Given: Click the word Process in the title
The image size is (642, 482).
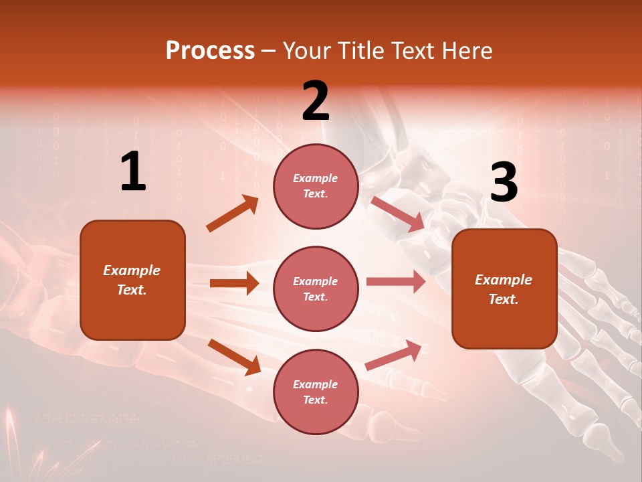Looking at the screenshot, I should [x=210, y=51].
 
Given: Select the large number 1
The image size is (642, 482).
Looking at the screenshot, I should [x=133, y=172].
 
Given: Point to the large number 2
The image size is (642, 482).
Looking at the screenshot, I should [x=316, y=100].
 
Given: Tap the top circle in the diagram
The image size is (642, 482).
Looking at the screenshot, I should [x=316, y=185].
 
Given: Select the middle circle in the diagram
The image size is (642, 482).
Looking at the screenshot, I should [x=316, y=289].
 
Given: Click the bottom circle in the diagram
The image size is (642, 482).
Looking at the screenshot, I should [x=316, y=392].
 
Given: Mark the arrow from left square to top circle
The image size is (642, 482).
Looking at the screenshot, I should [x=233, y=214].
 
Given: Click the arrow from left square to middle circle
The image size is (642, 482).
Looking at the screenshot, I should [x=234, y=283].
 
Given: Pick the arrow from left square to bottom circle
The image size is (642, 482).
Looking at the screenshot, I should [x=234, y=357].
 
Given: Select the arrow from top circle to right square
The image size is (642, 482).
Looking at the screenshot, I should [x=398, y=214].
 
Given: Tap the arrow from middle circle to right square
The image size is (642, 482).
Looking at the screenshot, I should [x=395, y=282].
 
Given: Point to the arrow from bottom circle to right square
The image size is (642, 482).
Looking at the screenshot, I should [x=394, y=355].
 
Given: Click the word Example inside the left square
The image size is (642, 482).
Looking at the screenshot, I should [x=132, y=270].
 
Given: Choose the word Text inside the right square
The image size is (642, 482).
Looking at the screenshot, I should [x=503, y=299].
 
